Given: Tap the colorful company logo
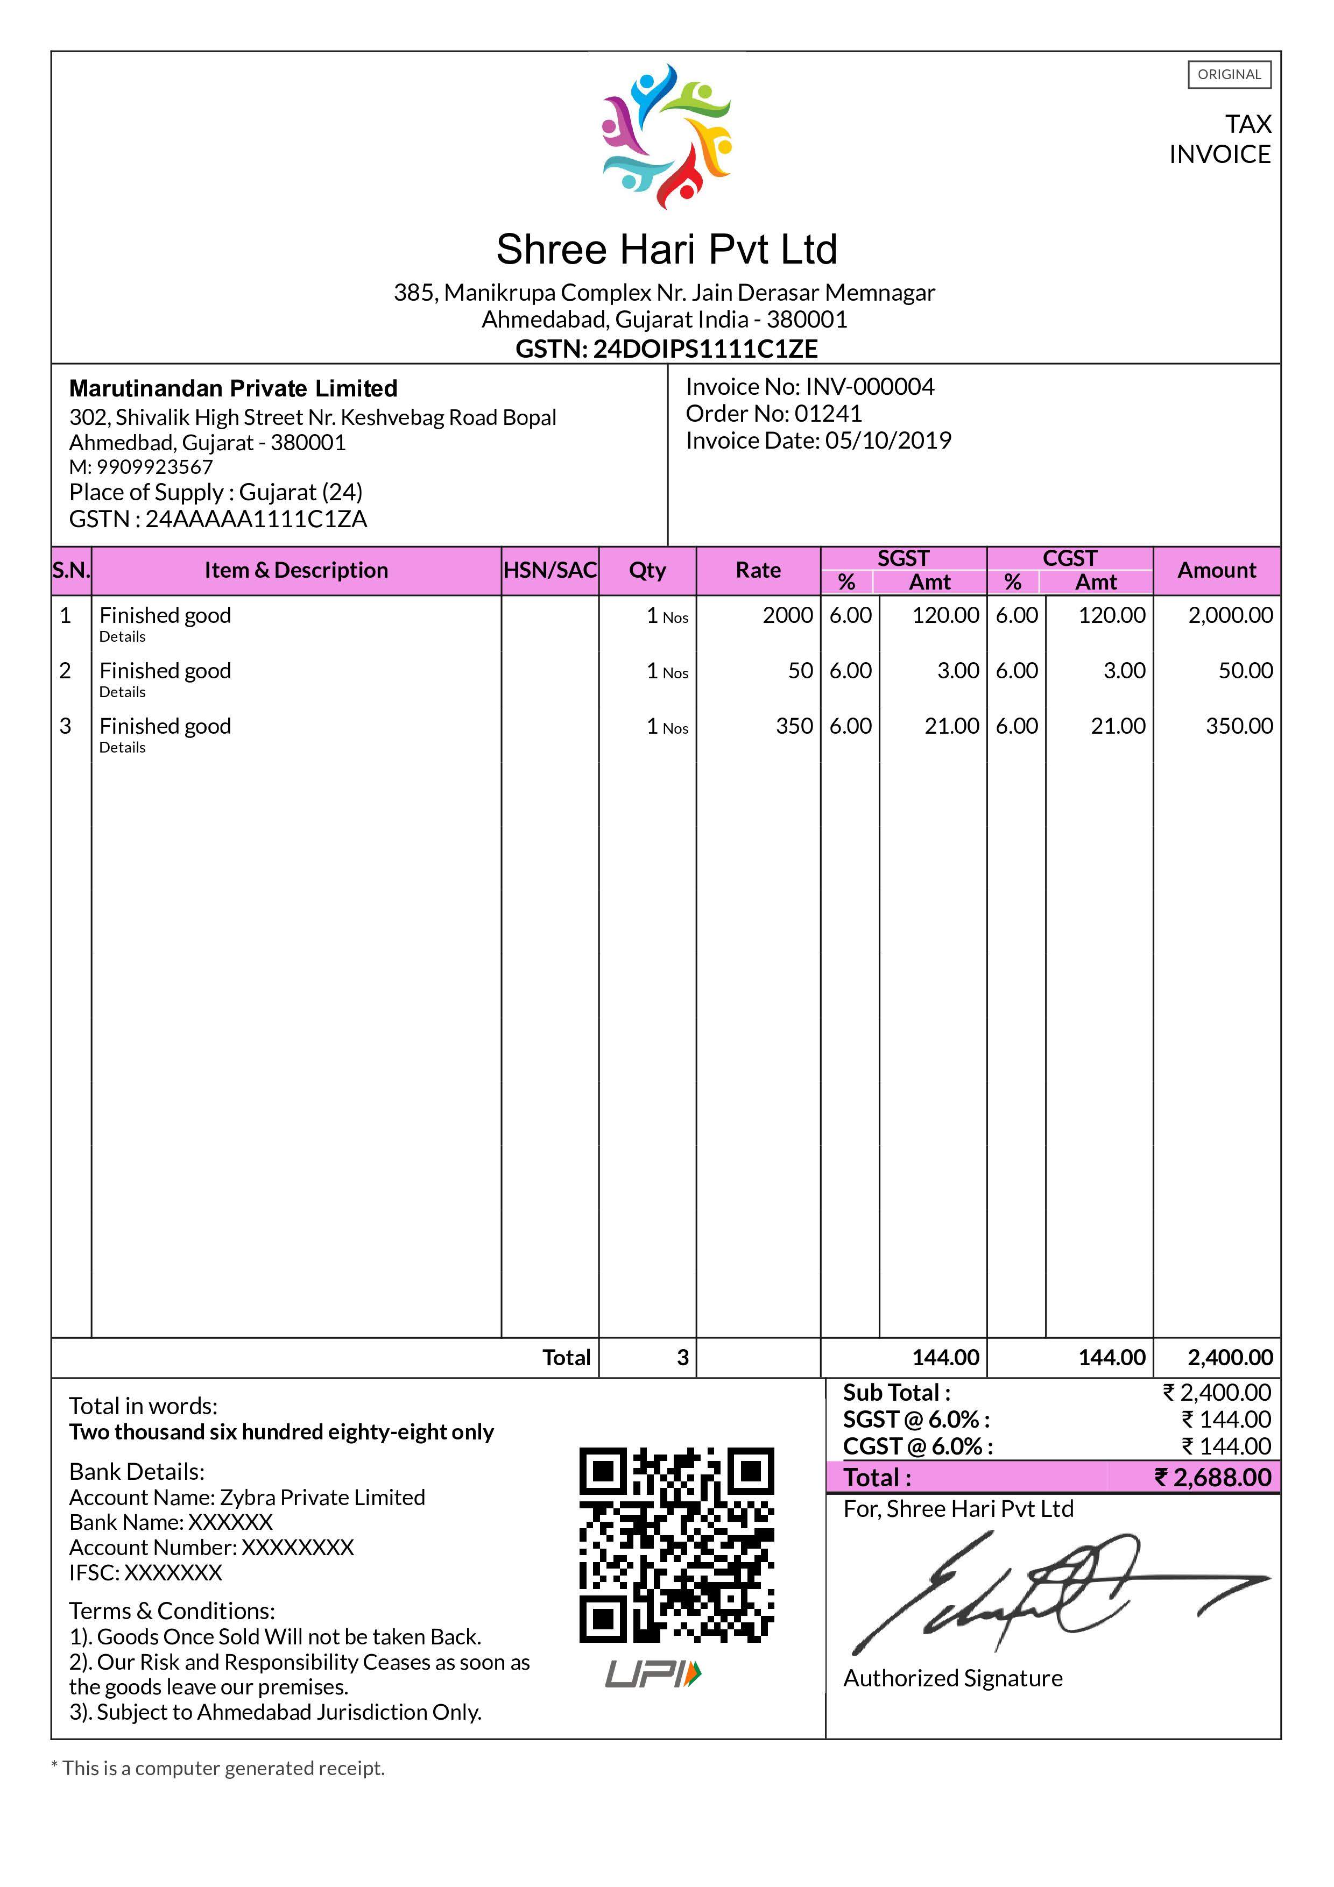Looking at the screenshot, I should click(x=667, y=135).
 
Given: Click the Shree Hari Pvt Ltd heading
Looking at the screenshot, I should click(x=667, y=249).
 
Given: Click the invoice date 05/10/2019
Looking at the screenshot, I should click(x=888, y=441).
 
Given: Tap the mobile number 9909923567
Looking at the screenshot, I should click(x=154, y=467).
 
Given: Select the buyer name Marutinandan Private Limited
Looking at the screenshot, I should click(x=234, y=389).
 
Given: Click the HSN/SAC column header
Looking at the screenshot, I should click(x=550, y=570).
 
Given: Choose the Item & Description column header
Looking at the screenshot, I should click(x=296, y=570).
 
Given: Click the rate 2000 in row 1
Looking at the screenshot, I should click(x=787, y=615).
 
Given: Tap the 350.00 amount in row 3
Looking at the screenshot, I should click(x=1239, y=727).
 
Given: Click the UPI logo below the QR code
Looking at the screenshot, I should click(x=653, y=1674).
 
